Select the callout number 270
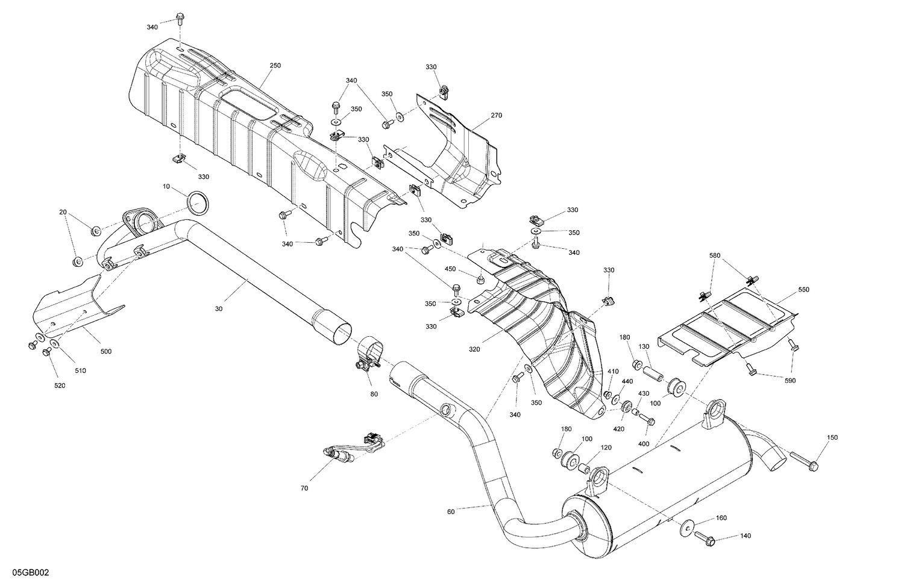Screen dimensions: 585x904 click(x=496, y=115)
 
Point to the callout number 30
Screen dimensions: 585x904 click(x=218, y=308)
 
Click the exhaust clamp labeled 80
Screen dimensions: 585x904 click(x=368, y=355)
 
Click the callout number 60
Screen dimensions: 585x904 click(x=451, y=511)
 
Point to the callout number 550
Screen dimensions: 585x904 click(x=804, y=290)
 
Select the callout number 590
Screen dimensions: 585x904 click(x=789, y=380)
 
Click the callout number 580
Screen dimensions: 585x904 click(x=714, y=255)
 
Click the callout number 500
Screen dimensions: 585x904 click(x=105, y=351)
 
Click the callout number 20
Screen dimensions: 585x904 click(x=63, y=212)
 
